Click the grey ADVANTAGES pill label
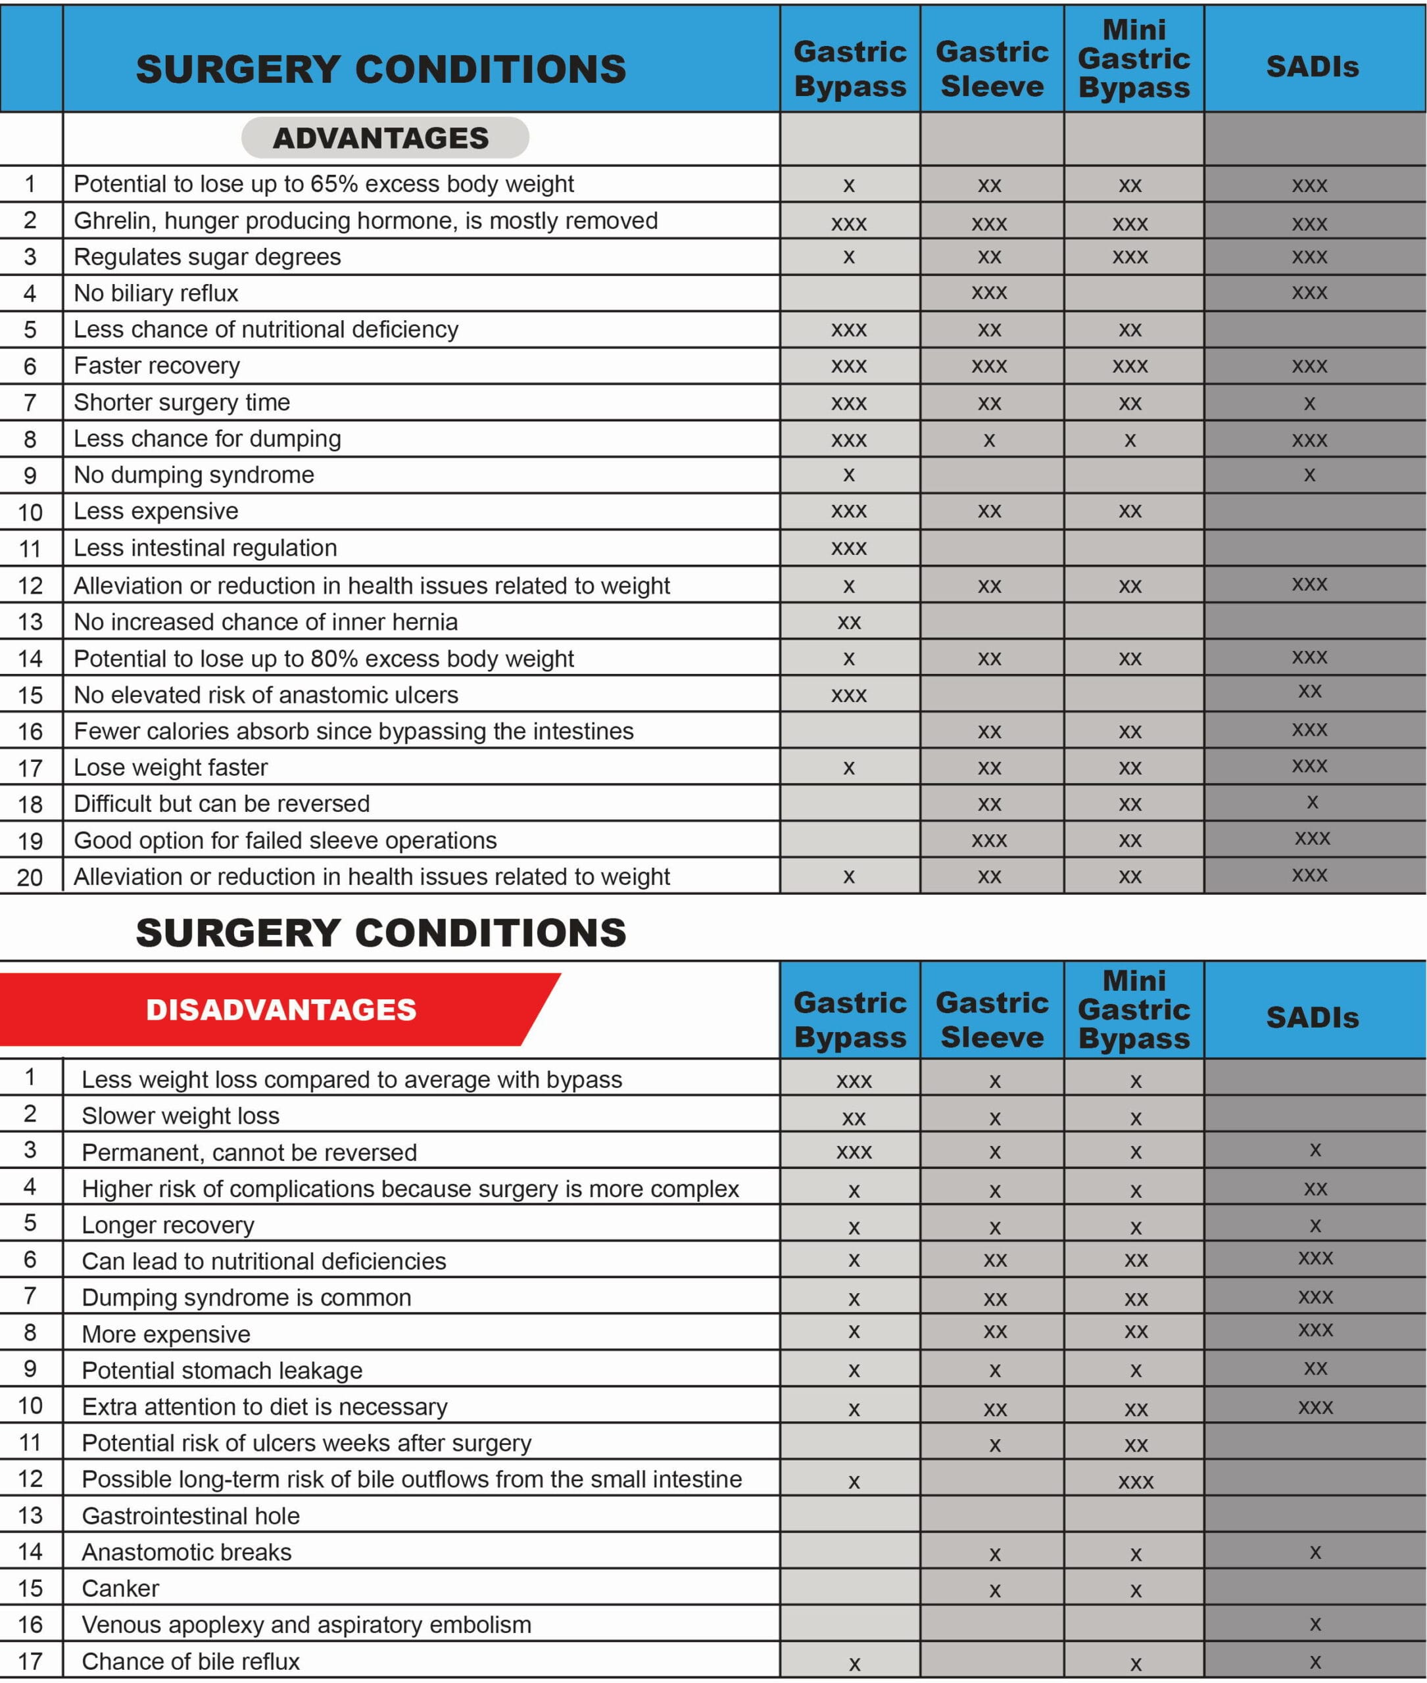click(x=381, y=137)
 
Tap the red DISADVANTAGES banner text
click(x=281, y=1009)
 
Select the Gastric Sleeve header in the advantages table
click(x=992, y=69)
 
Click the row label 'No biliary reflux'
click(x=156, y=293)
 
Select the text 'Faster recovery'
click(x=157, y=366)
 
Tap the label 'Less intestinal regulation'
click(x=205, y=548)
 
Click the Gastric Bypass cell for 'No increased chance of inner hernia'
click(x=848, y=622)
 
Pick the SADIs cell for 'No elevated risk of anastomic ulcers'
click(x=1310, y=692)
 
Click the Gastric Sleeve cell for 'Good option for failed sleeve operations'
click(x=989, y=840)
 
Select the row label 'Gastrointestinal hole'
click(x=191, y=1515)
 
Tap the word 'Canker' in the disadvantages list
click(x=120, y=1588)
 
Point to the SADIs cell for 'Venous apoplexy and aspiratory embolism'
click(x=1315, y=1623)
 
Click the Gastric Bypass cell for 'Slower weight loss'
click(x=854, y=1118)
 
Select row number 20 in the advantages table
click(x=30, y=877)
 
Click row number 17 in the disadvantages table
click(x=30, y=1661)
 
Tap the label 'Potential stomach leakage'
click(x=222, y=1370)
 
